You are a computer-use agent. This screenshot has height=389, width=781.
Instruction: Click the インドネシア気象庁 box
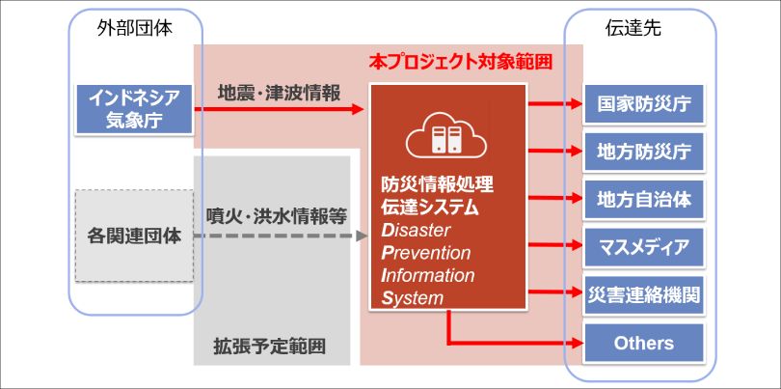coord(134,108)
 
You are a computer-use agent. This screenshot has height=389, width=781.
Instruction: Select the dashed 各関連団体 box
coord(134,236)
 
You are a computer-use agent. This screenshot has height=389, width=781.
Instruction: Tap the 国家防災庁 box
coord(643,102)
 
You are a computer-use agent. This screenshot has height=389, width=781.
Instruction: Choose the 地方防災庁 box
coord(643,151)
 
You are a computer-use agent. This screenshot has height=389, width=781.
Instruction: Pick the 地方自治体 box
coord(643,199)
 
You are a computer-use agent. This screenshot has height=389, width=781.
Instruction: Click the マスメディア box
coord(643,247)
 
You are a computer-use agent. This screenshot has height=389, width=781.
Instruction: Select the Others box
coord(643,343)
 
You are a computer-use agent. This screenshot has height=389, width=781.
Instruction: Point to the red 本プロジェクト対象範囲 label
coord(461,63)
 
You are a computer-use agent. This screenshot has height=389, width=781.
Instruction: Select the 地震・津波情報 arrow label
coord(279,94)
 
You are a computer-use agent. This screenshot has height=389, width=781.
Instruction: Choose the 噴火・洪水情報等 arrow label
coord(277,216)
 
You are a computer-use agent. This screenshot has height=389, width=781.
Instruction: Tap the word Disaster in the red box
coord(417,231)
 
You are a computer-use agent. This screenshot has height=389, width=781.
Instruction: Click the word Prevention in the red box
coord(425,254)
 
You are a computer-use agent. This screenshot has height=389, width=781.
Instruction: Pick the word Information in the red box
coord(428,276)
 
